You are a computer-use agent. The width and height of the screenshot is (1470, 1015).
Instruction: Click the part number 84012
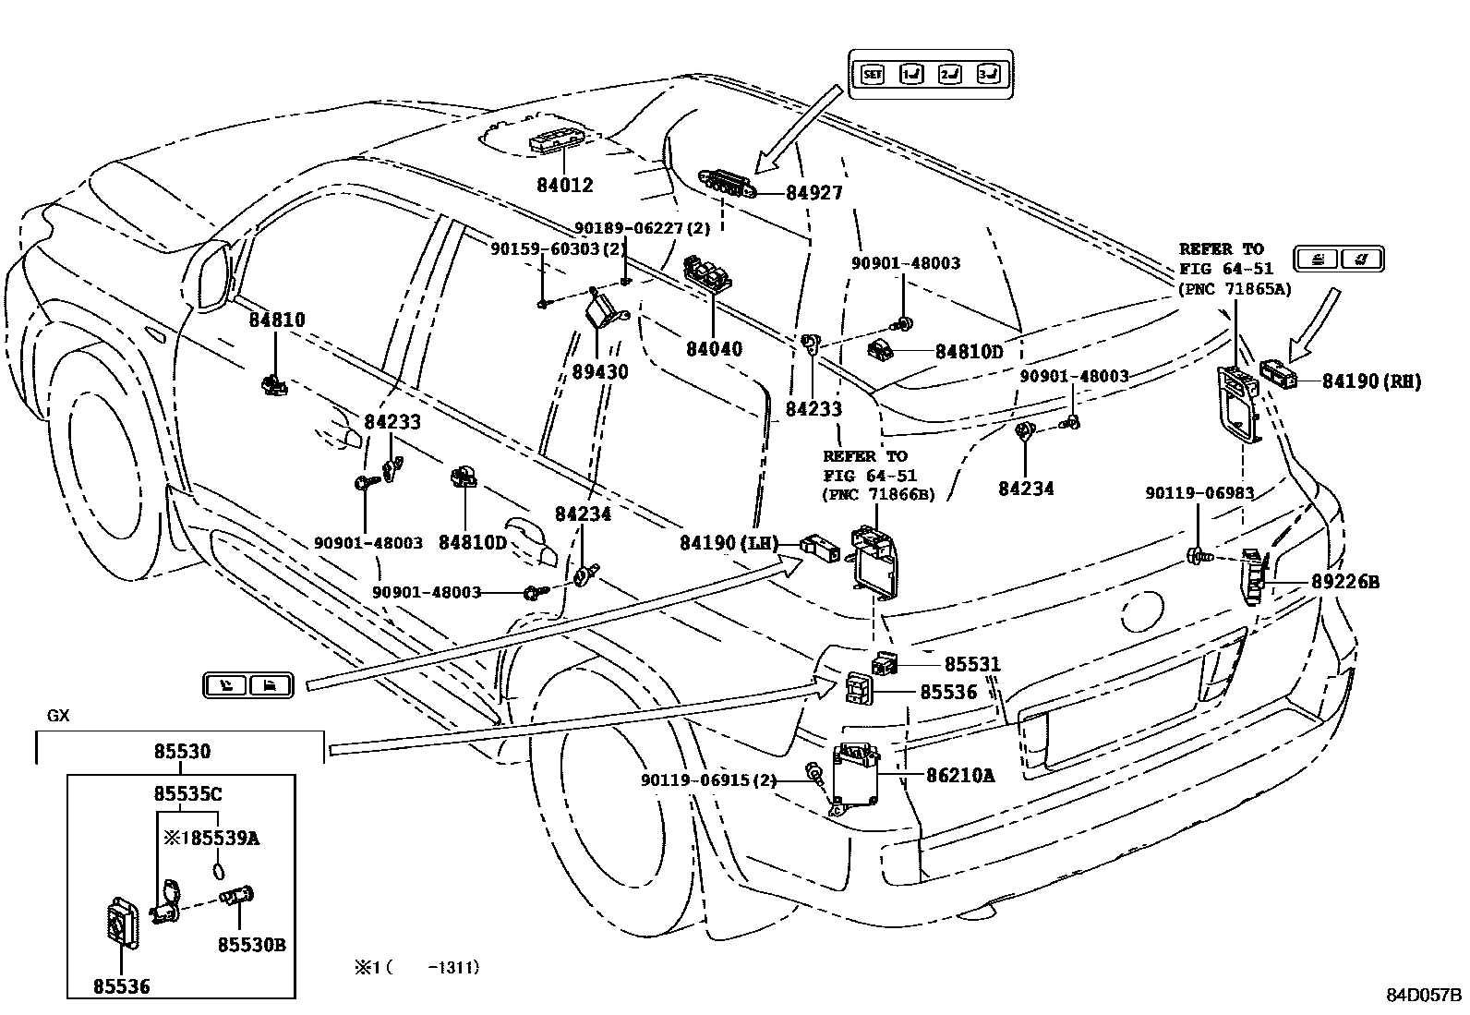(565, 185)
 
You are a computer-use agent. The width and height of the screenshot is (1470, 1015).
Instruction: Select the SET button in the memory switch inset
(873, 74)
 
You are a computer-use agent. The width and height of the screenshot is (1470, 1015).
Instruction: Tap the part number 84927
(813, 192)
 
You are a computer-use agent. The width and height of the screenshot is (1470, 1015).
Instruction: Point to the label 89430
(600, 371)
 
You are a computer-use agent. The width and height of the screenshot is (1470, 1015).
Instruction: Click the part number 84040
(714, 348)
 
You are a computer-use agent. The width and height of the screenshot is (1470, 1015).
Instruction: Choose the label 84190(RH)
(1371, 381)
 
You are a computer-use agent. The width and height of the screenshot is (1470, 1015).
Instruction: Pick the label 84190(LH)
(729, 543)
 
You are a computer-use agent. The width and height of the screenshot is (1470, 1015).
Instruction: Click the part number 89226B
(1345, 582)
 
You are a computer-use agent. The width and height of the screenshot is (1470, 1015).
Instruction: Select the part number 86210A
(960, 776)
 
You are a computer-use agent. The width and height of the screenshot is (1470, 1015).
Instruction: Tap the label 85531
(972, 664)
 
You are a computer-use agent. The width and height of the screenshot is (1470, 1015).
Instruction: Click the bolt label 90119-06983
(1199, 493)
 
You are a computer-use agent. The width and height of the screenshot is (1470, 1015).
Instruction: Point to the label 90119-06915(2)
(709, 780)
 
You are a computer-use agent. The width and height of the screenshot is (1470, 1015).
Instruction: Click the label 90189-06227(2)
(643, 228)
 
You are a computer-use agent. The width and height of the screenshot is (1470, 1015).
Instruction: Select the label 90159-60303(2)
(559, 248)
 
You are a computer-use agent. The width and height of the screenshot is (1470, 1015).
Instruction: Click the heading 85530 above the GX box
(183, 751)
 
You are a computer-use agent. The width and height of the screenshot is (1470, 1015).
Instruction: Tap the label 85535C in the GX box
(187, 794)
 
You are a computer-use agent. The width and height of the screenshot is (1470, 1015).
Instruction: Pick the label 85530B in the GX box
(252, 945)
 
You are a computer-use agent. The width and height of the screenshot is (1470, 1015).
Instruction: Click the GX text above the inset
(58, 716)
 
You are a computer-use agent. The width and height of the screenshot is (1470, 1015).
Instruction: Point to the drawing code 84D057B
(1424, 996)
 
